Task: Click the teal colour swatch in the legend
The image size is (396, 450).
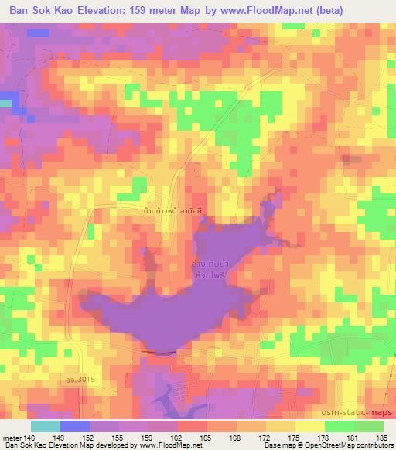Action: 46,425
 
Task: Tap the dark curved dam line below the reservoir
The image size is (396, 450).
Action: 159,353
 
